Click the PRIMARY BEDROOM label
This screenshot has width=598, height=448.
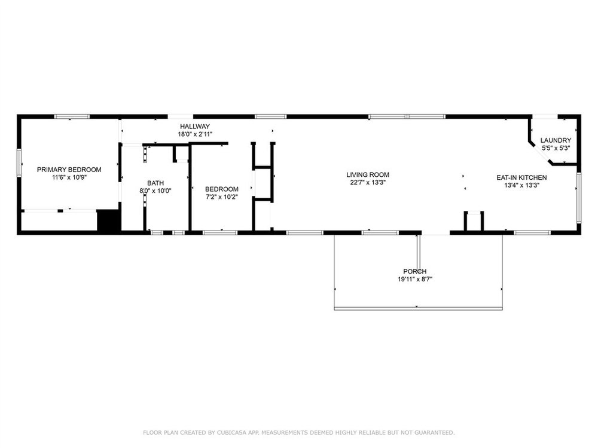coord(69,170)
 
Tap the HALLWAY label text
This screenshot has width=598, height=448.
coord(195,127)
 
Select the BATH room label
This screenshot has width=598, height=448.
coord(155,183)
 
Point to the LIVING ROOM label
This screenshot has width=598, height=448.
coord(368,175)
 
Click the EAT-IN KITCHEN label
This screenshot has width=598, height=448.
coord(521,177)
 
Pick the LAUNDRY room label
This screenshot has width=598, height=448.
coord(556,140)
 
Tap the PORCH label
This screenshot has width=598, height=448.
coord(415,272)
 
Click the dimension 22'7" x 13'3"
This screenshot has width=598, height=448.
coord(368,182)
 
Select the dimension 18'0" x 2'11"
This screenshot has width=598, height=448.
coord(195,134)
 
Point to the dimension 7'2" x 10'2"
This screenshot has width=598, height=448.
coord(222,197)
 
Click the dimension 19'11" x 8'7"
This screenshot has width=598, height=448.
coord(415,279)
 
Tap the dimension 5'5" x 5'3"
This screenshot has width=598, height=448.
coord(556,148)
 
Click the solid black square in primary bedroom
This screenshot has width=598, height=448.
coord(109,220)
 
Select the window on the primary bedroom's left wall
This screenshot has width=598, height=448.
coord(19,163)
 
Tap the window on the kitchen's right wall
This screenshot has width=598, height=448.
coord(578,198)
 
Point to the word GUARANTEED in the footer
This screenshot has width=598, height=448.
coord(435,432)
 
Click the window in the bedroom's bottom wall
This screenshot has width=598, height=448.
coord(220,232)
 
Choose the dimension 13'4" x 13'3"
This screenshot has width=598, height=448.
coord(521,186)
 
